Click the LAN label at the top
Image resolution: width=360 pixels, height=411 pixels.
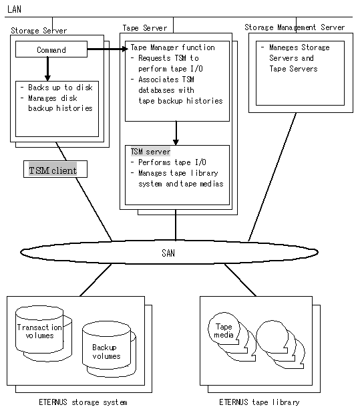pos(14,9)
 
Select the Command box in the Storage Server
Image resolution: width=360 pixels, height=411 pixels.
pos(51,49)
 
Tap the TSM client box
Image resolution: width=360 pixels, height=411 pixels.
pos(55,169)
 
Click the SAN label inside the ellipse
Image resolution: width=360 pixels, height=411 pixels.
pos(168,253)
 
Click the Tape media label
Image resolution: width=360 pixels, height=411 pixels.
pos(224,331)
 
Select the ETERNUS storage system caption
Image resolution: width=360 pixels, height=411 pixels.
pos(83,402)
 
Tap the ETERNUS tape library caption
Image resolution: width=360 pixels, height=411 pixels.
pos(259,402)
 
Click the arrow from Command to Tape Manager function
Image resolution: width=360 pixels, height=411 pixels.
pos(108,49)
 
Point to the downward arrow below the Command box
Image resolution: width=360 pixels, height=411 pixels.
pos(47,69)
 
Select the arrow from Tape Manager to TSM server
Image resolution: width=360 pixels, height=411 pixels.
pos(176,133)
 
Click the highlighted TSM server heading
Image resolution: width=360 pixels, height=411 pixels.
pos(150,152)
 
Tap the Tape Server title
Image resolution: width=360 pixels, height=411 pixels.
pos(145,28)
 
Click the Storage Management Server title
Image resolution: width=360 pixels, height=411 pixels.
pos(295,27)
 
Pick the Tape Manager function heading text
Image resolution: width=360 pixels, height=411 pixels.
pos(173,47)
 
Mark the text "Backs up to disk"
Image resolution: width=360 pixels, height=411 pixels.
pos(60,88)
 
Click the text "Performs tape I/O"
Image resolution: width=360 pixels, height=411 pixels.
pos(172,162)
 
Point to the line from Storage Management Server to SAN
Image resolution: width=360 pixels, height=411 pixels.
pos(273,177)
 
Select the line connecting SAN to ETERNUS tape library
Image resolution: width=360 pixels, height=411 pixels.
pos(240,280)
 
